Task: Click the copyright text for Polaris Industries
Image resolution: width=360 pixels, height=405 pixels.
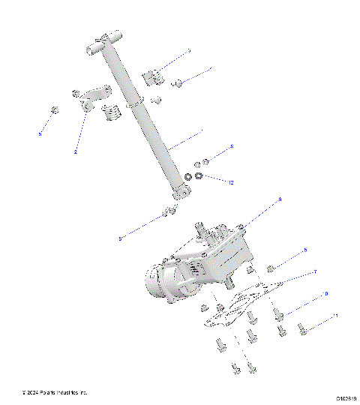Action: point(55,392)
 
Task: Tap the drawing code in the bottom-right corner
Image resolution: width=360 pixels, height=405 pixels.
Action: point(346,399)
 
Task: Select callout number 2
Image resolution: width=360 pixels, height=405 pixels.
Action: point(75,151)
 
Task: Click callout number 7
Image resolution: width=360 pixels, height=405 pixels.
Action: point(315,271)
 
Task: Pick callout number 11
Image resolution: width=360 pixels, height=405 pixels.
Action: point(335,316)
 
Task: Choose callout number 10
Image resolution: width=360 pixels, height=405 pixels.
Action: point(325,293)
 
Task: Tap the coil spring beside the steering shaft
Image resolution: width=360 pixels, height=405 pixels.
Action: point(110,114)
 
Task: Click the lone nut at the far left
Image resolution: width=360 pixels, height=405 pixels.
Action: point(53,111)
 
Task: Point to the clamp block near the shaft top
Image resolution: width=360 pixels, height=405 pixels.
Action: point(152,77)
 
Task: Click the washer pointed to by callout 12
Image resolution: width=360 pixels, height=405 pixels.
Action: point(199,177)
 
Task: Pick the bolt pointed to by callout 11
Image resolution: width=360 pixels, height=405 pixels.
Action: point(304,328)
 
